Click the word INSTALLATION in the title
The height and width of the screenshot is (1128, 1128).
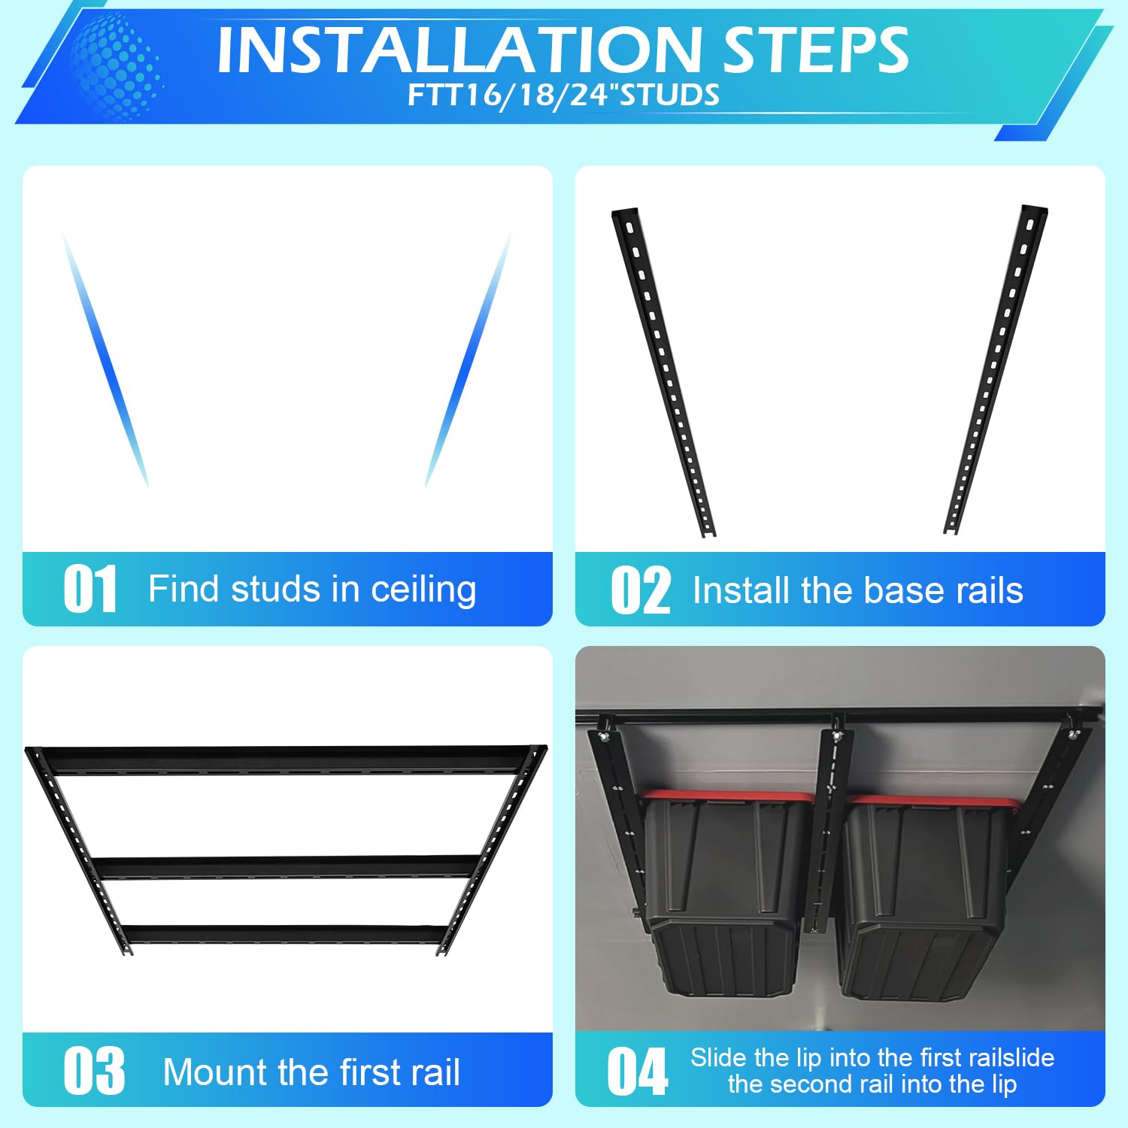click(x=459, y=50)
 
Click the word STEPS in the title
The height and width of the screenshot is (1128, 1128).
click(x=816, y=50)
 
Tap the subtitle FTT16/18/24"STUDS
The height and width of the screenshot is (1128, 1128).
click(x=563, y=96)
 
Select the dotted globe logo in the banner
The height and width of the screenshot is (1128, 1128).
click(x=116, y=66)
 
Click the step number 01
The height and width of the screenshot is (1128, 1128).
click(x=90, y=589)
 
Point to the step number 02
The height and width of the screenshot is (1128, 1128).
click(x=640, y=590)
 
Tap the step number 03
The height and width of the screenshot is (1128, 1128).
click(x=94, y=1071)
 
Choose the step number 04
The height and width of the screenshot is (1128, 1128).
click(x=638, y=1071)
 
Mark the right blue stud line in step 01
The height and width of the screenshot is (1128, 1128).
click(x=468, y=359)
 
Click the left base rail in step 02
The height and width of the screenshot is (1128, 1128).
click(x=663, y=372)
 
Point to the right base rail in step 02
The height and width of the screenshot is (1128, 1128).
click(x=996, y=370)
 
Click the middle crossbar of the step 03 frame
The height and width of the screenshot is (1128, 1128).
click(x=286, y=866)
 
